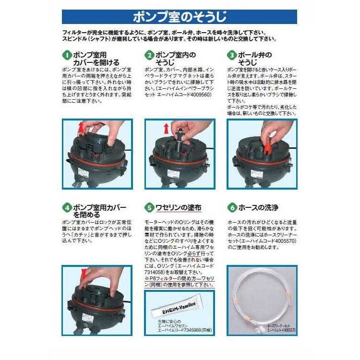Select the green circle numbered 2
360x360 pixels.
[150, 55]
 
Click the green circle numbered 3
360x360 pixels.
[233, 55]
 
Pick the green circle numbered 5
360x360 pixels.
[150, 208]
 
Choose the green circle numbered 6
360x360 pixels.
[233, 208]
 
